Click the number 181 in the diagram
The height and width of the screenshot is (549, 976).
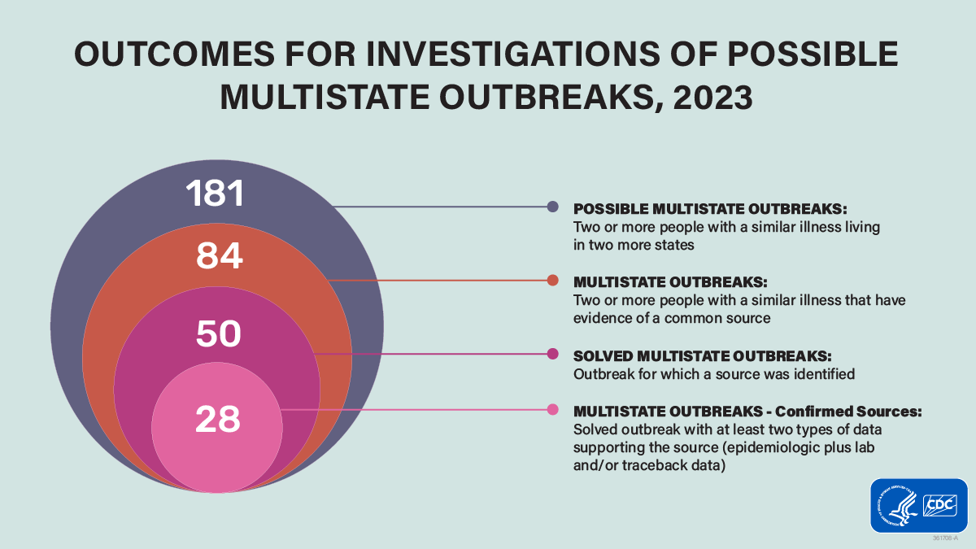pos(216,194)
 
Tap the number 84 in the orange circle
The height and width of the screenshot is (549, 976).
pos(220,257)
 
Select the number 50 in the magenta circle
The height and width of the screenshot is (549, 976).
pos(218,334)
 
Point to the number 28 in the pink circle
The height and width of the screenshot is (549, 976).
pos(217,419)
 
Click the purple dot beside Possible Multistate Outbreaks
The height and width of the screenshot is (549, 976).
pos(553,207)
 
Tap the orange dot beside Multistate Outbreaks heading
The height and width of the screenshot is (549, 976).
pos(553,281)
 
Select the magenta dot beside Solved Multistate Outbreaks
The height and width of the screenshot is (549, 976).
pos(553,354)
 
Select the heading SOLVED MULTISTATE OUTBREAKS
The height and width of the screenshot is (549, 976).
pos(702,356)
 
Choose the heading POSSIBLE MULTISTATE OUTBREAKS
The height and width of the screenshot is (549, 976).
pos(710,208)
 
